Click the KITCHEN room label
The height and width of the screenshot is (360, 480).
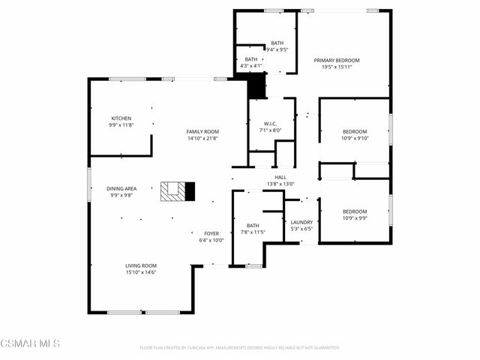[121, 118]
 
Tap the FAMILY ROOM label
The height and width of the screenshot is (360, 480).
[202, 132]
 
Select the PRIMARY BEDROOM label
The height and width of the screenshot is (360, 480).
[337, 60]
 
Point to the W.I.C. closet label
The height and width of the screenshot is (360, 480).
[271, 124]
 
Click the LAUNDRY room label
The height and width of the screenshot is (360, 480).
[301, 222]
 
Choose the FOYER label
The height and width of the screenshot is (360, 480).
[211, 233]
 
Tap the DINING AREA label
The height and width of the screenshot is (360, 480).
[121, 188]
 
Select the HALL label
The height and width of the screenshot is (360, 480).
[280, 178]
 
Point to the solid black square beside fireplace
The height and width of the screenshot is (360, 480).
[190, 191]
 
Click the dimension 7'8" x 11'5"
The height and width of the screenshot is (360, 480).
[253, 232]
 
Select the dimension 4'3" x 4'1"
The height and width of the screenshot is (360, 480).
[251, 66]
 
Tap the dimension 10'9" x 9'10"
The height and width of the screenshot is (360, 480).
[355, 138]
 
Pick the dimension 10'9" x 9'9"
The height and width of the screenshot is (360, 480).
[355, 218]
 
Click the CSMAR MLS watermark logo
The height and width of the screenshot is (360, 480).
[30, 343]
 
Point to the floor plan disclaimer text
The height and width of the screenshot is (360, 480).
[240, 347]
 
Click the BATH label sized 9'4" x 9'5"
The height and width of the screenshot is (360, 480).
[277, 43]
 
